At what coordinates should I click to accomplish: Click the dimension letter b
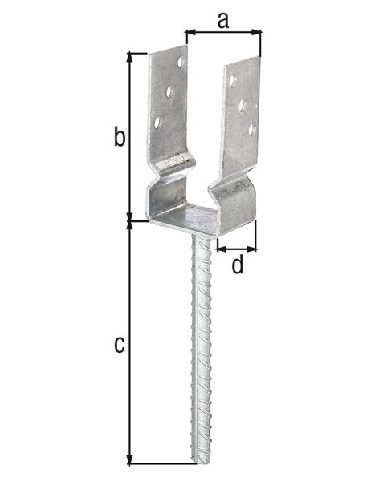(x=119, y=138)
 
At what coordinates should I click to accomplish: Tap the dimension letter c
(x=119, y=345)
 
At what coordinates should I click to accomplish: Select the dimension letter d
(x=237, y=265)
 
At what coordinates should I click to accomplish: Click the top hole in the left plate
(x=181, y=61)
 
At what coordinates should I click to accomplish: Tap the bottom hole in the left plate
(x=157, y=123)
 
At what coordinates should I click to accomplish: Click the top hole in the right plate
(x=232, y=80)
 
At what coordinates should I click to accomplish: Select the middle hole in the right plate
(x=242, y=105)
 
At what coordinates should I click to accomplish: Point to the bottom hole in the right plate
(x=251, y=128)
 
